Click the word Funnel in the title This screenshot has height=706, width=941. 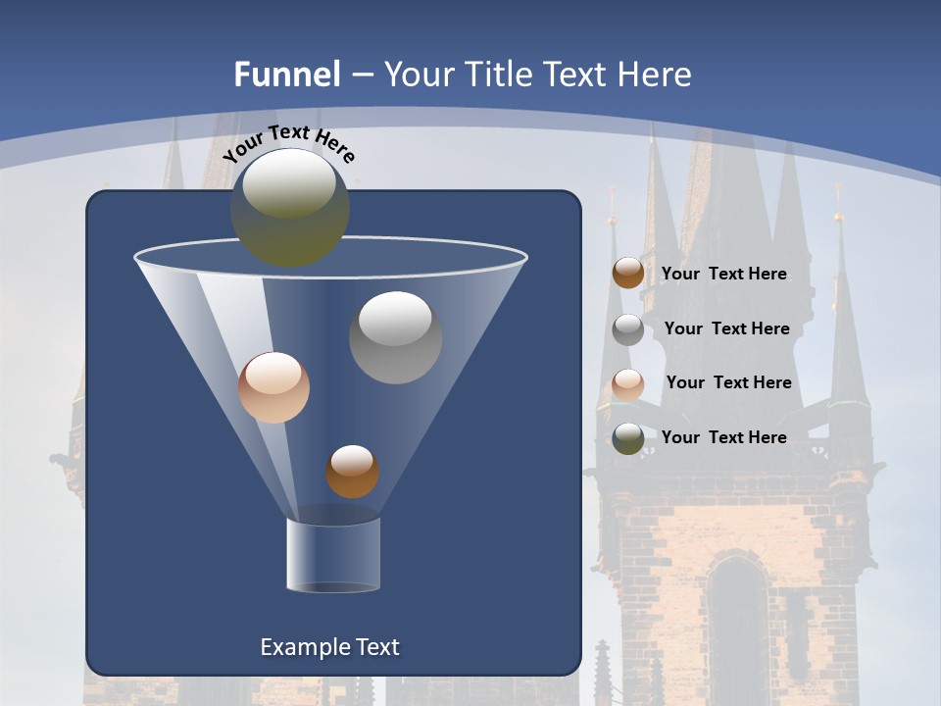point(286,75)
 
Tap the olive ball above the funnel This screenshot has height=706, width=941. point(290,207)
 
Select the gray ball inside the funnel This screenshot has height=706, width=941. point(395,336)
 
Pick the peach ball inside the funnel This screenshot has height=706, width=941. point(273,387)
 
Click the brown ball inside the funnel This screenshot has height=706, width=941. point(352,471)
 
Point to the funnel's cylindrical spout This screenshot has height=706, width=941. point(333,555)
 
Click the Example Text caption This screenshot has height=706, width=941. point(329,647)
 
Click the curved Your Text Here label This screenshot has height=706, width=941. point(289,143)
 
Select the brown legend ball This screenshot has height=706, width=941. point(628,273)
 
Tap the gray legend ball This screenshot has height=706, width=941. point(628,329)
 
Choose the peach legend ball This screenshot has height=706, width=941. point(628,384)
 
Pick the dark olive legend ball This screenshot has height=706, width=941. point(628,438)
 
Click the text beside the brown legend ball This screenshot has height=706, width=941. point(723,274)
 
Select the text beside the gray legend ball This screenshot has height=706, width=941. point(726,328)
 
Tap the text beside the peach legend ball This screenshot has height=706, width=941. point(728,382)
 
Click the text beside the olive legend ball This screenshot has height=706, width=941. point(723,437)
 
